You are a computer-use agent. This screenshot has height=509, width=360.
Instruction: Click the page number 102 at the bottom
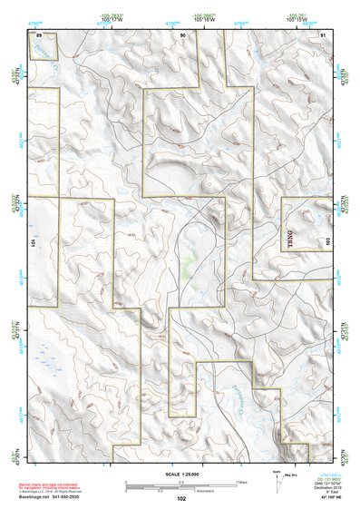(181, 498)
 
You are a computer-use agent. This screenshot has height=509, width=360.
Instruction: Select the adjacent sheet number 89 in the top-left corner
(39, 34)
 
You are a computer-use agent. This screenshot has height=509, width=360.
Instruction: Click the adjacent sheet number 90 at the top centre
(182, 34)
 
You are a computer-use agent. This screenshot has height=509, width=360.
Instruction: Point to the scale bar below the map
(181, 484)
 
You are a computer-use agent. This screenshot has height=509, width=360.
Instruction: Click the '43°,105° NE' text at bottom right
(328, 497)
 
